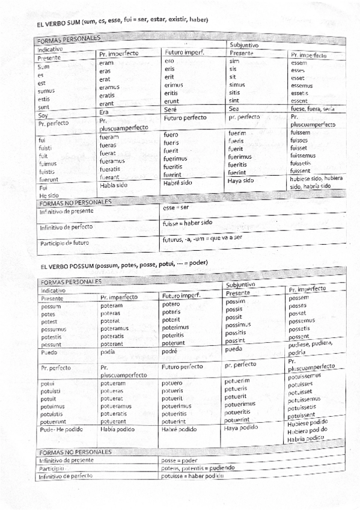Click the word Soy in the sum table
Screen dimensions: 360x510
(x=43, y=115)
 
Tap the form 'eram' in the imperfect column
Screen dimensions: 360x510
(x=106, y=63)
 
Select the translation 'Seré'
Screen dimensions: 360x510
(x=171, y=109)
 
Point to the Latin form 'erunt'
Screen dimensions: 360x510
(x=172, y=101)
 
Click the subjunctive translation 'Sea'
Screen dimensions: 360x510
(x=234, y=109)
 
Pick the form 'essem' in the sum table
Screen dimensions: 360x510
(x=299, y=62)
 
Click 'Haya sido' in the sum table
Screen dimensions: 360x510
(x=242, y=180)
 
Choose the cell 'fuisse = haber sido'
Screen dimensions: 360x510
(x=189, y=223)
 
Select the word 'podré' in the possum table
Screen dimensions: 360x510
(x=171, y=351)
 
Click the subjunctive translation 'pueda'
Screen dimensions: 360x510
(x=234, y=349)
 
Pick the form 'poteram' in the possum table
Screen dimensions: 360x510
(x=111, y=306)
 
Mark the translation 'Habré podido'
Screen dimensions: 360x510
(x=179, y=429)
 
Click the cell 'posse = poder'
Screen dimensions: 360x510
(x=180, y=459)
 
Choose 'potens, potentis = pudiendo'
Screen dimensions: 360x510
(x=198, y=467)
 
